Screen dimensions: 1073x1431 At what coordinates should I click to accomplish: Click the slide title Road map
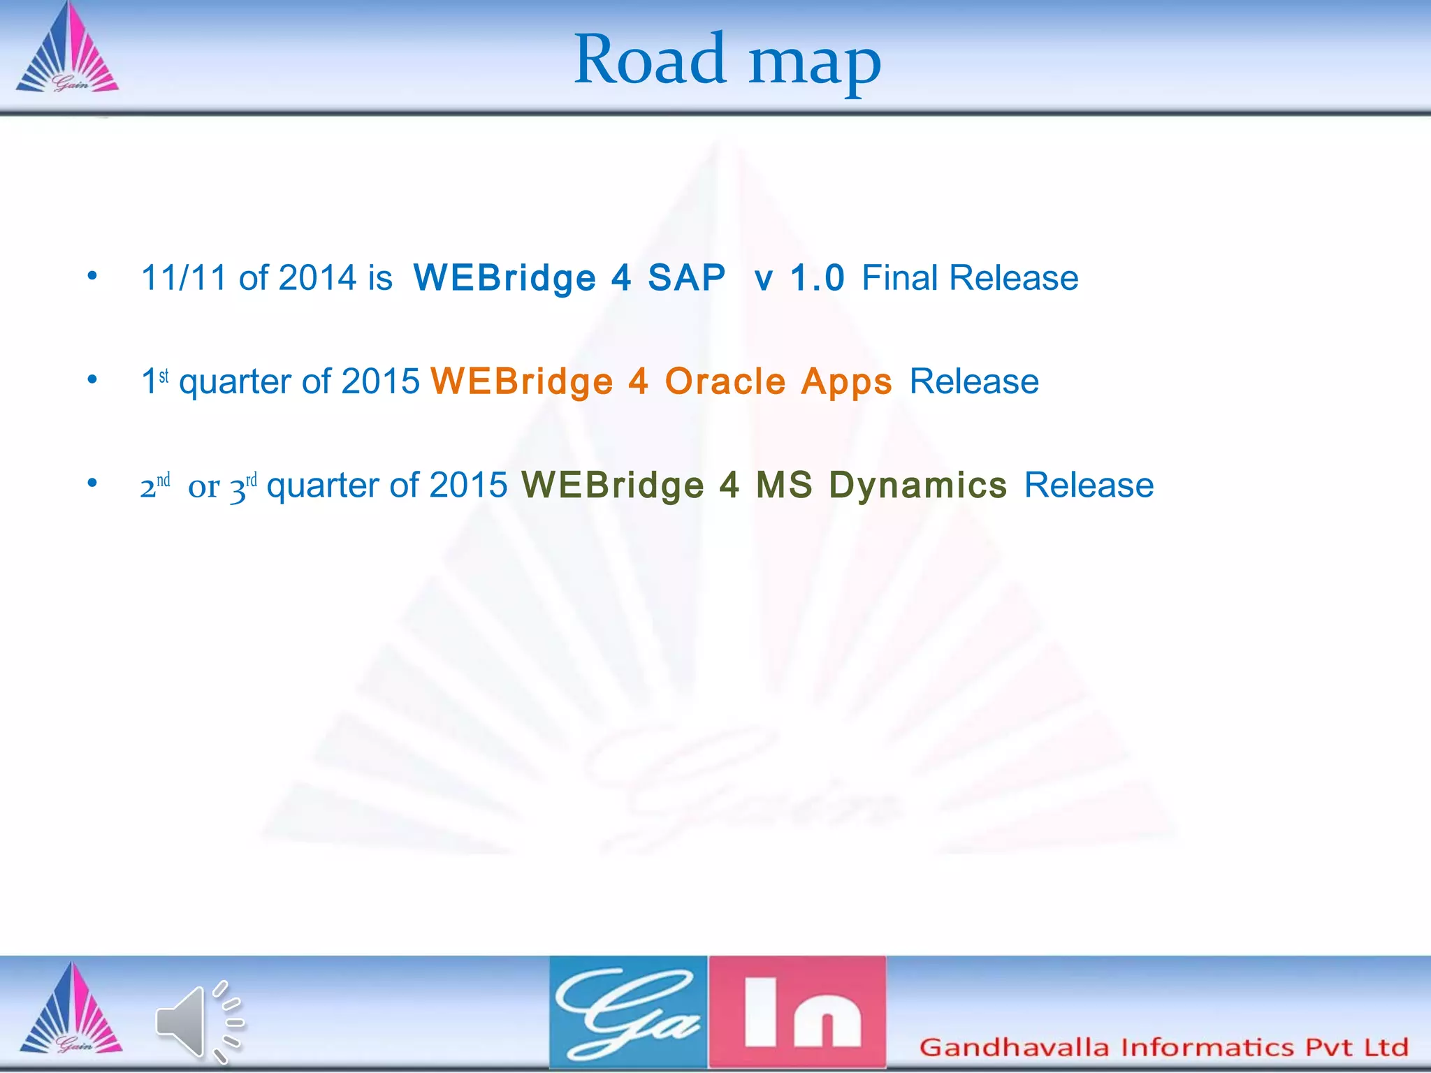coord(727,61)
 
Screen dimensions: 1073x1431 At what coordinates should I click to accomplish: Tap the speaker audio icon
coord(198,1021)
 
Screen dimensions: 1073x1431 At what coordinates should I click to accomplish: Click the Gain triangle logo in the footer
coord(71,1010)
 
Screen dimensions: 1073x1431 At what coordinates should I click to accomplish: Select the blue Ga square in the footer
coord(628,1012)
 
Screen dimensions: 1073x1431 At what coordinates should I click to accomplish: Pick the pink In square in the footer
coord(798,1012)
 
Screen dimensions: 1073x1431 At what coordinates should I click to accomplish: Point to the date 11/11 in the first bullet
coord(184,278)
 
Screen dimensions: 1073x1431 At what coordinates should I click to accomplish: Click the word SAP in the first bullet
coord(686,278)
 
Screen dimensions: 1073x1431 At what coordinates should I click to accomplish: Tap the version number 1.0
coord(817,278)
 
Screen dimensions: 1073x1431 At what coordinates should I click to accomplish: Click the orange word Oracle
coord(725,381)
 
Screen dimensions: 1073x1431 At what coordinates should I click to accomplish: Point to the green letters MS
coord(784,485)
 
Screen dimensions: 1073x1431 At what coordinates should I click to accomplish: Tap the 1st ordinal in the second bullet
coord(154,381)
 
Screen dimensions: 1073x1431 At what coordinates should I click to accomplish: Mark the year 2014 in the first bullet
coord(318,278)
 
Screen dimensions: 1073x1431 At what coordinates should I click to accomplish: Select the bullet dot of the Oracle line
coord(92,380)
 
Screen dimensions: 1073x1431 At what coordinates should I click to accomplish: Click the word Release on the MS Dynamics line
coord(1089,485)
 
